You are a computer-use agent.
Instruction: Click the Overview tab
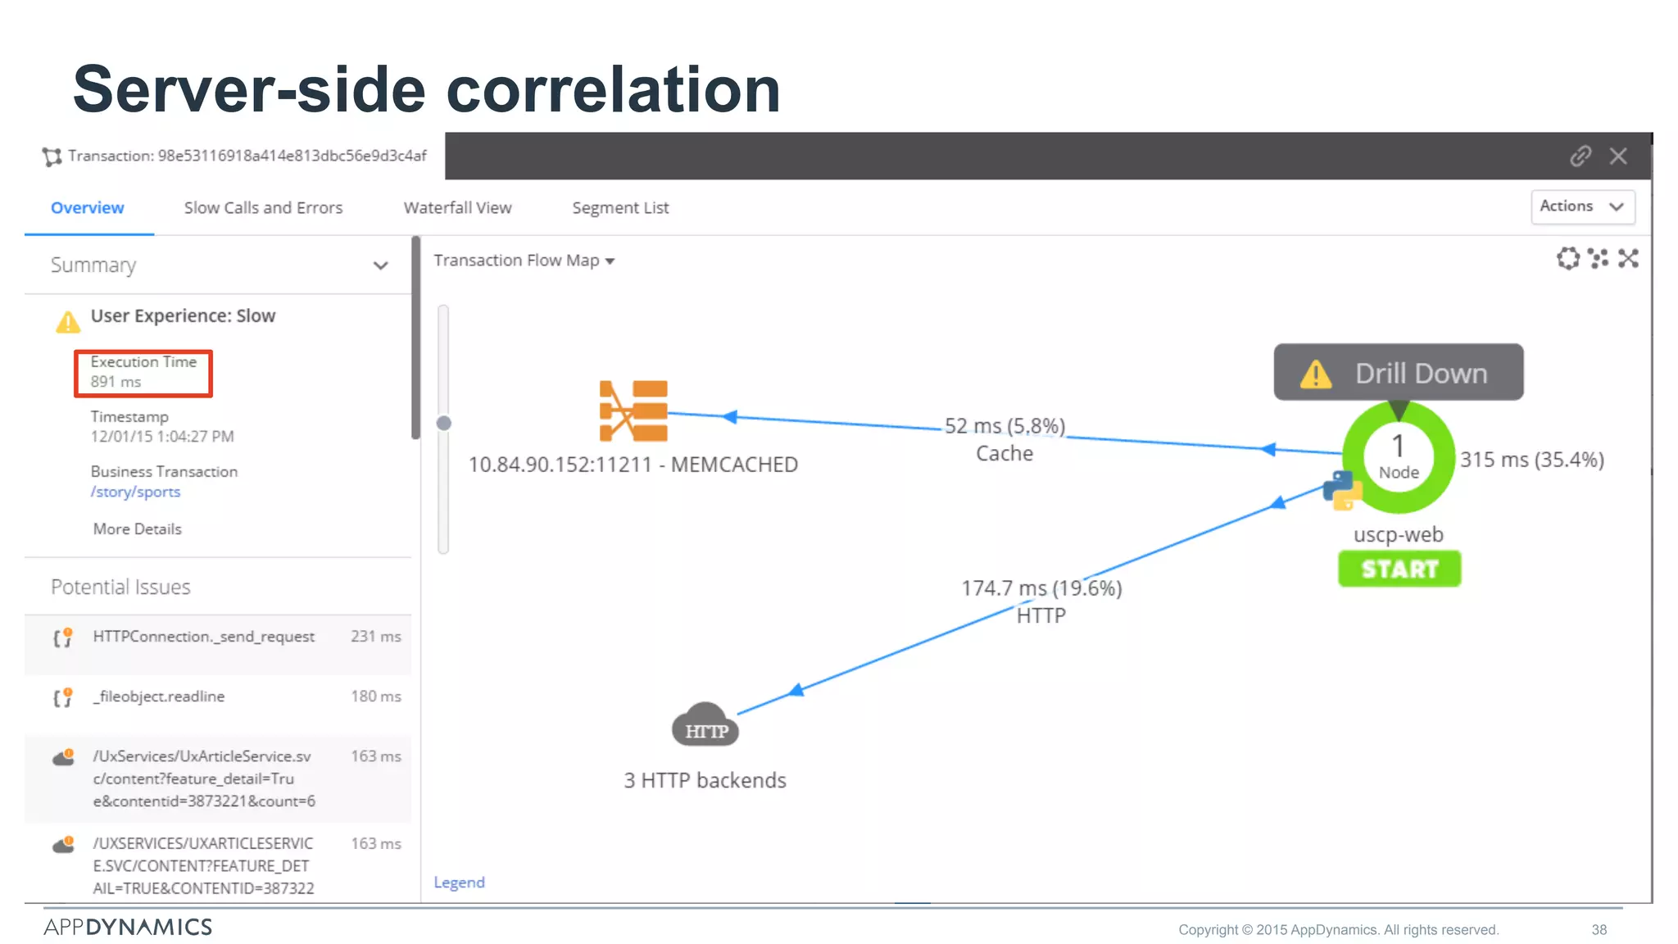click(88, 208)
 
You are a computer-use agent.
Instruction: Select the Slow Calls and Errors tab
click(263, 208)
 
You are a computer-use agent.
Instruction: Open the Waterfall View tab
click(457, 208)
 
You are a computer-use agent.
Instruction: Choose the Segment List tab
click(620, 208)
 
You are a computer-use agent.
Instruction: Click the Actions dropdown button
click(1582, 206)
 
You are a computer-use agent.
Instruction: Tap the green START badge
click(1399, 569)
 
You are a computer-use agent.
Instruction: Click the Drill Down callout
click(1399, 373)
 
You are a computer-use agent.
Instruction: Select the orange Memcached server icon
click(633, 411)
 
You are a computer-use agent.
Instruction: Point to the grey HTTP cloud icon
click(705, 725)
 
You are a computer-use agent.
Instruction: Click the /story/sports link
click(135, 492)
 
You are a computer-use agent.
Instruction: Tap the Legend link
click(459, 883)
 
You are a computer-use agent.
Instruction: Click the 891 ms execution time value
click(116, 382)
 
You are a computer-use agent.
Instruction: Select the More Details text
click(137, 529)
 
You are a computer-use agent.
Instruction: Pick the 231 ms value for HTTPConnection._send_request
click(376, 637)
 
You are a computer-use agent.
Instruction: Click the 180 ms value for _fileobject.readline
click(376, 697)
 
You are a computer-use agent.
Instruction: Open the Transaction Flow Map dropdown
click(524, 261)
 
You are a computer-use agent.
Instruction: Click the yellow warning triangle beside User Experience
click(68, 322)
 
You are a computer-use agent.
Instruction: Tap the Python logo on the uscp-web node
click(1341, 490)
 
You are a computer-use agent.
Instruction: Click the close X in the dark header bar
click(1618, 157)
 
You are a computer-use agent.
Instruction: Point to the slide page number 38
click(1599, 930)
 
